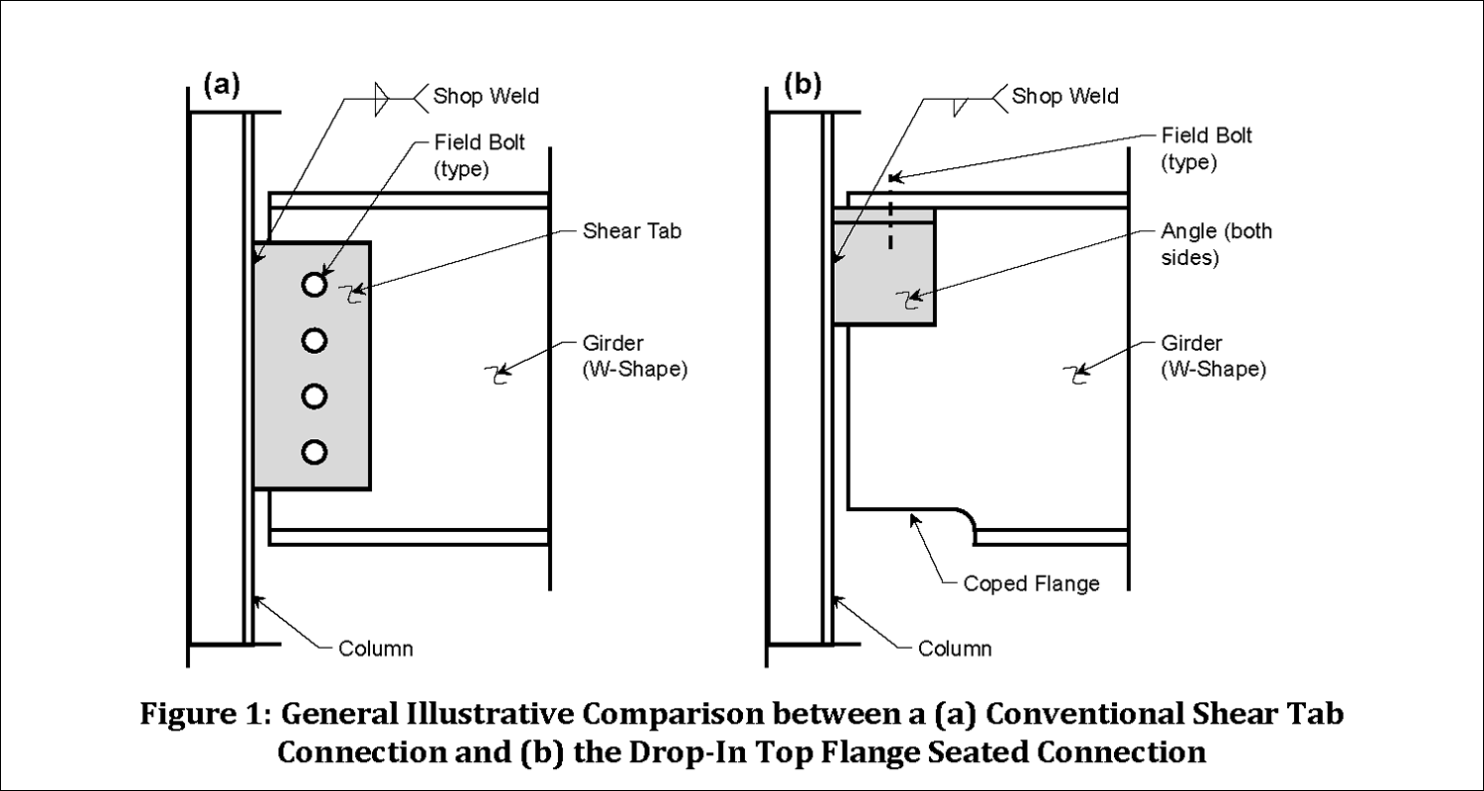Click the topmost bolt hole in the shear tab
314,285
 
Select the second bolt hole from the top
314,341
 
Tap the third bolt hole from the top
314,396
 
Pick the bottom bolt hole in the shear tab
314,453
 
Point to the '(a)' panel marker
222,85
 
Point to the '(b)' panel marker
802,85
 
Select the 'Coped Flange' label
1031,583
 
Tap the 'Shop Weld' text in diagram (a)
487,96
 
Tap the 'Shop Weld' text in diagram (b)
1067,96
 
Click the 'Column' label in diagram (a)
375,650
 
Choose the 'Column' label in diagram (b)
955,650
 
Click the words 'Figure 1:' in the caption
208,714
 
